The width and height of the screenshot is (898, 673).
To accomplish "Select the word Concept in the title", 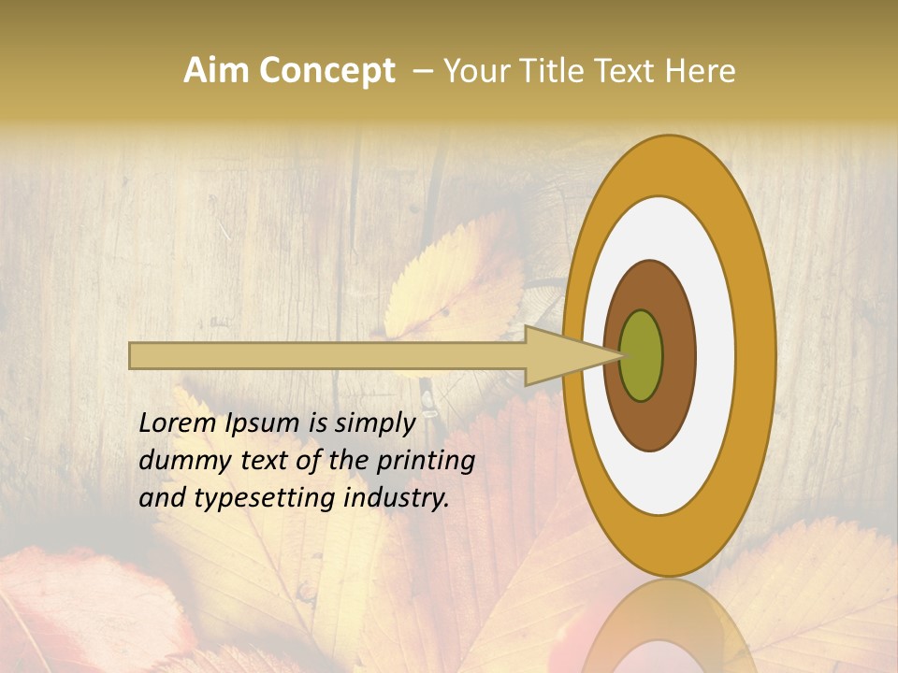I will click(x=326, y=71).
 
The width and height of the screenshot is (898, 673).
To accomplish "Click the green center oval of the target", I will click(x=642, y=355).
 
